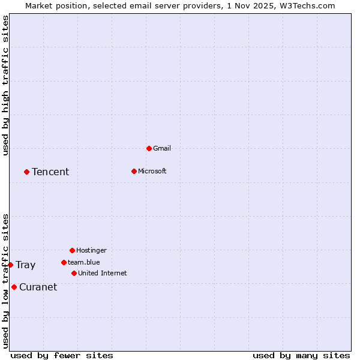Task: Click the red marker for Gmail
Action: [x=149, y=148]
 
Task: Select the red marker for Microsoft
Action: [x=134, y=171]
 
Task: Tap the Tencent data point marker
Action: [x=26, y=172]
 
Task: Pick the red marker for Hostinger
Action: [x=72, y=250]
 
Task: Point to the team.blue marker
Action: [x=64, y=262]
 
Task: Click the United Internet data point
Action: [x=74, y=273]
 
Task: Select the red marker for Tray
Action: [x=10, y=265]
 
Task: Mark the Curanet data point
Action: [x=14, y=287]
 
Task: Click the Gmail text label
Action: [x=162, y=148]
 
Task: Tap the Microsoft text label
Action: [x=152, y=171]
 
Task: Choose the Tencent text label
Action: [x=50, y=172]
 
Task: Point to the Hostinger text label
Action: [x=91, y=250]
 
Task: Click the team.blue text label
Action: [x=83, y=262]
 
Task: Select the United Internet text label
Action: [x=102, y=273]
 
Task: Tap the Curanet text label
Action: [x=38, y=287]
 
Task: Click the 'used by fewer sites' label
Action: [x=62, y=355]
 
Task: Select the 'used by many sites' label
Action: [x=301, y=355]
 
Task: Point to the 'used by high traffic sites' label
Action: [x=5, y=85]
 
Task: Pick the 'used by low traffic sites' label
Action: [x=5, y=281]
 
